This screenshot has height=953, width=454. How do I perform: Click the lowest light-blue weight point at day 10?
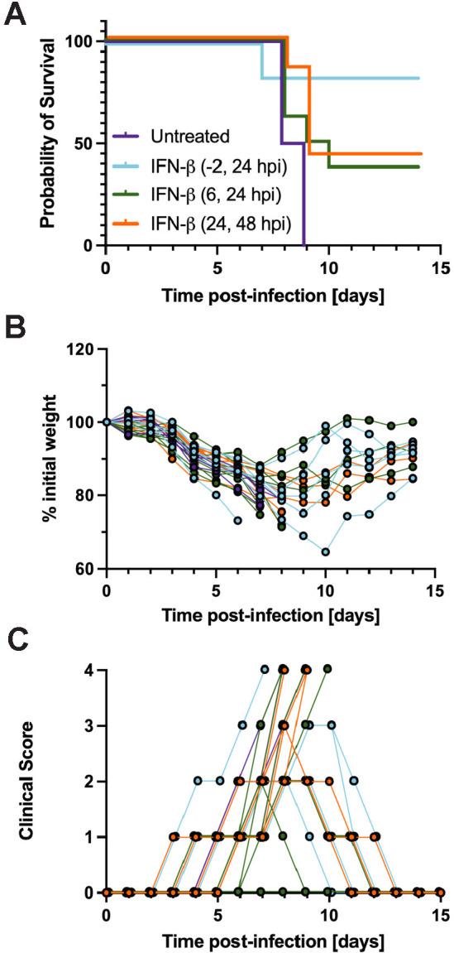[327, 551]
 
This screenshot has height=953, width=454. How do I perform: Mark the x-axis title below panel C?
[274, 941]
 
